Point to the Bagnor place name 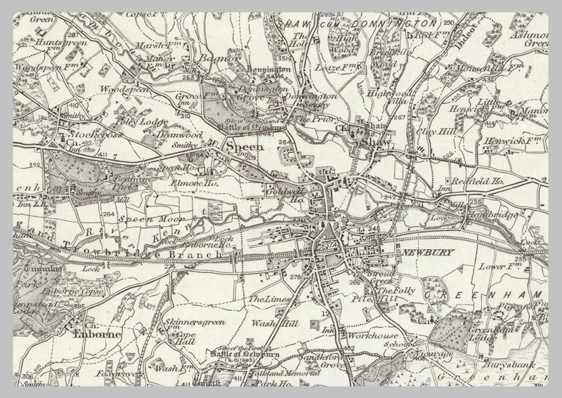215,59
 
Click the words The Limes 270,300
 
